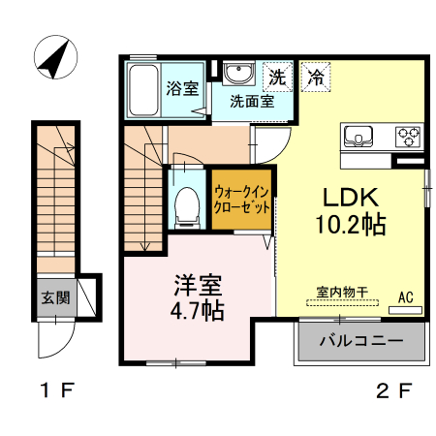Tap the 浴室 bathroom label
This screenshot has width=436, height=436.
point(182,89)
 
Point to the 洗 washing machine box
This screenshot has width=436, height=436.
point(278,75)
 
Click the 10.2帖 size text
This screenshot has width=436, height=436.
point(351,226)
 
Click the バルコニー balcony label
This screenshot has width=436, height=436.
point(360,342)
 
